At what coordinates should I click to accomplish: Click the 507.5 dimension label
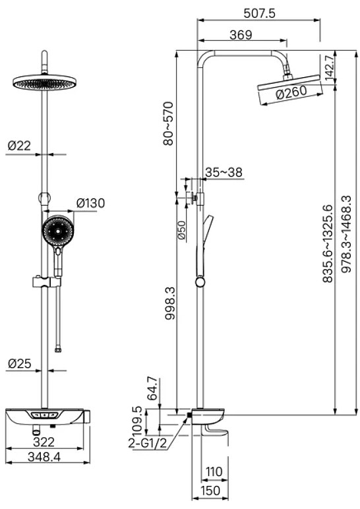click(x=259, y=13)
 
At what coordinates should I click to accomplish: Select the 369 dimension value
click(x=241, y=35)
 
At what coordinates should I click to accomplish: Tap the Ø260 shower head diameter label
click(x=291, y=92)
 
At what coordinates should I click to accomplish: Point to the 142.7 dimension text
click(x=330, y=68)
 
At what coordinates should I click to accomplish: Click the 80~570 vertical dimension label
click(x=169, y=123)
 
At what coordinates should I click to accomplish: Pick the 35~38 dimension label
click(x=224, y=172)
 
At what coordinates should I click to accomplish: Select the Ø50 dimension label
click(x=182, y=231)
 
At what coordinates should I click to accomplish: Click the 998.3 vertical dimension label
click(x=169, y=303)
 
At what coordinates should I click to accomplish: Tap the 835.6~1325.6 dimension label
click(x=328, y=243)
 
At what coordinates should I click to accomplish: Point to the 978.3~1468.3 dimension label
click(x=346, y=233)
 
